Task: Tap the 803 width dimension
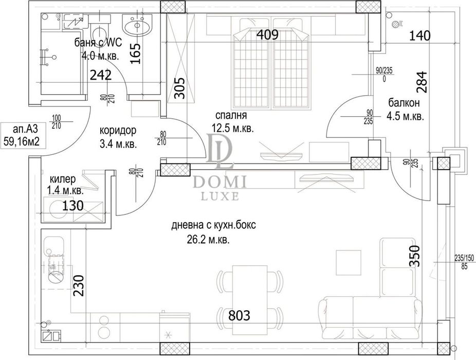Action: (240, 315)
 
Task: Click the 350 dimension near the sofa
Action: (415, 256)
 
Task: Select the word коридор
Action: (118, 131)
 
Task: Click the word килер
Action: (63, 179)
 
